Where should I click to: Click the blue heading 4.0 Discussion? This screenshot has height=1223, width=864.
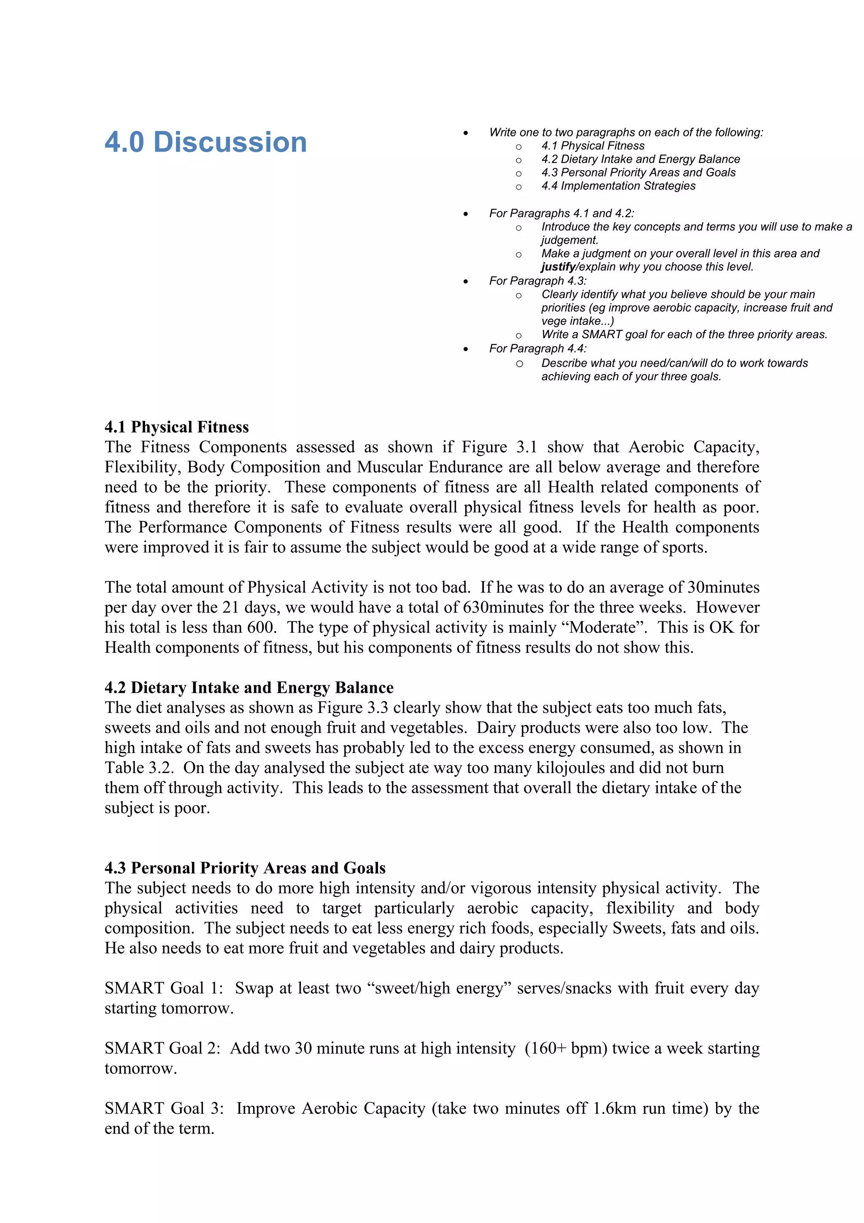(205, 142)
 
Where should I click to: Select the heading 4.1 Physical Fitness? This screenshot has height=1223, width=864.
(176, 427)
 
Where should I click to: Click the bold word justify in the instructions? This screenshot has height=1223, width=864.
(558, 267)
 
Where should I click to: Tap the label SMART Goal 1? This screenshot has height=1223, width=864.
(163, 988)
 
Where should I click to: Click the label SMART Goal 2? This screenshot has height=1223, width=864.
(162, 1048)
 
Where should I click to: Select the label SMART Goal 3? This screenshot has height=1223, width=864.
(163, 1109)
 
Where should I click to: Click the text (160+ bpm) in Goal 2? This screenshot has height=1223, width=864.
(566, 1048)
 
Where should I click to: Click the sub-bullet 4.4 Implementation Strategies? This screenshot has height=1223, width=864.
(618, 186)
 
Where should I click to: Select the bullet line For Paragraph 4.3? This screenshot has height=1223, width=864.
(537, 281)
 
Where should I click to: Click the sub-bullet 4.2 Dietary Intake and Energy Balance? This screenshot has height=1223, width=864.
(640, 159)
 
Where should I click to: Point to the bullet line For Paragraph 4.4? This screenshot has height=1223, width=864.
(537, 348)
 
